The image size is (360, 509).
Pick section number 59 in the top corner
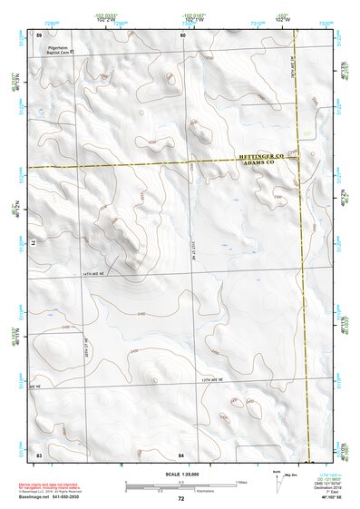(x=39, y=34)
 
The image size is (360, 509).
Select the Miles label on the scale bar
(x=241, y=481)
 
